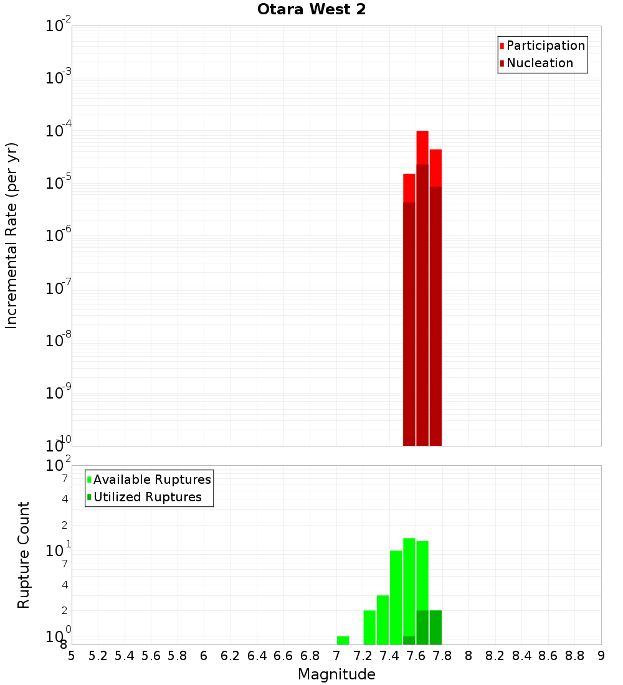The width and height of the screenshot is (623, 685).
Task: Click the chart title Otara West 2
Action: [311, 10]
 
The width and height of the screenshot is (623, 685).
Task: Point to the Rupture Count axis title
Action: [24, 555]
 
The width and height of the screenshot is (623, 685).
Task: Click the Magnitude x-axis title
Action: [336, 674]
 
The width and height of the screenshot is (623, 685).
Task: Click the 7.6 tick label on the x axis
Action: [416, 655]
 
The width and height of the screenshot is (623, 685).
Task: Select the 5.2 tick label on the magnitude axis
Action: [98, 655]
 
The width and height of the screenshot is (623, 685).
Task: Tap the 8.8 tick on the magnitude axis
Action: [575, 655]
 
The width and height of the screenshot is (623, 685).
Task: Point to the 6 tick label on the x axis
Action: [204, 655]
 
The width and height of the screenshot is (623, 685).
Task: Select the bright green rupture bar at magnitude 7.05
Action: [343, 640]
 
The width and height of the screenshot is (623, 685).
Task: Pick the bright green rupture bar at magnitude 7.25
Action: [369, 627]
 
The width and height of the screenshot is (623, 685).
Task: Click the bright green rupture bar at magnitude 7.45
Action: [396, 598]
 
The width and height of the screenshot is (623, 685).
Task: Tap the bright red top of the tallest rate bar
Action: [422, 147]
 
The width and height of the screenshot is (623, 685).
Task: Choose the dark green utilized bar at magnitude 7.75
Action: [435, 627]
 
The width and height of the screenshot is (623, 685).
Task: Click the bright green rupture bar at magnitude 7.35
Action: [383, 620]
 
